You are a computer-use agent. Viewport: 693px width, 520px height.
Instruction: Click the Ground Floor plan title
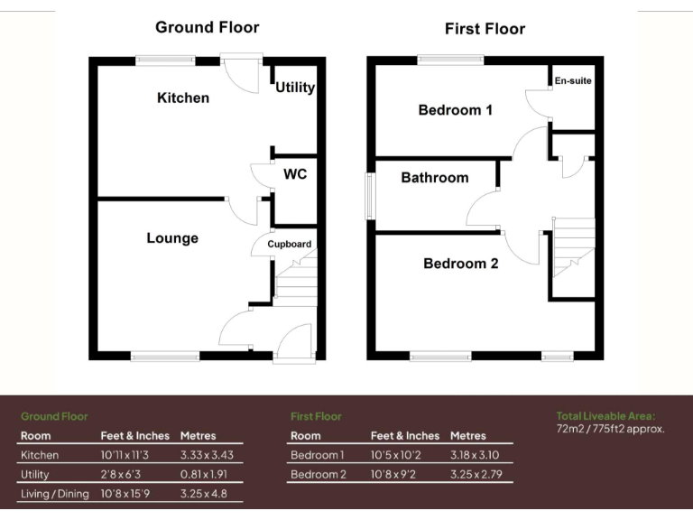[207, 27]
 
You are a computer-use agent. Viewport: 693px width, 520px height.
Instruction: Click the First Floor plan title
[485, 29]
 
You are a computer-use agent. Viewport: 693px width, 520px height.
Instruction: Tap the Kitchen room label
[183, 97]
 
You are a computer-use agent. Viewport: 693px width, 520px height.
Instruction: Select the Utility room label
[295, 88]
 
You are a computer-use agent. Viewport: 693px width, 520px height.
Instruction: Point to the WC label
[295, 173]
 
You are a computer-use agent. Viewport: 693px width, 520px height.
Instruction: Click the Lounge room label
[172, 238]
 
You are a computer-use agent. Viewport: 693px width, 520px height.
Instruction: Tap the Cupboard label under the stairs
[289, 245]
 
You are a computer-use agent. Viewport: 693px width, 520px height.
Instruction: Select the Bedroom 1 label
[455, 110]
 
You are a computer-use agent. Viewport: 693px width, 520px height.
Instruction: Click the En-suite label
[573, 81]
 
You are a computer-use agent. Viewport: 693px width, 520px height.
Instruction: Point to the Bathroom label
[435, 178]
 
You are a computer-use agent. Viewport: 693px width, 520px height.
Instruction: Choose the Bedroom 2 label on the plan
[460, 264]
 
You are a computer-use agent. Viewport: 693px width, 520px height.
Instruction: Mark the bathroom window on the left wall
[369, 195]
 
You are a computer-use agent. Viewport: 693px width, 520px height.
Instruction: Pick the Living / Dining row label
[54, 494]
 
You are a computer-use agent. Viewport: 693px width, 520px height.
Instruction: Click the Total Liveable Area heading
[605, 416]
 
